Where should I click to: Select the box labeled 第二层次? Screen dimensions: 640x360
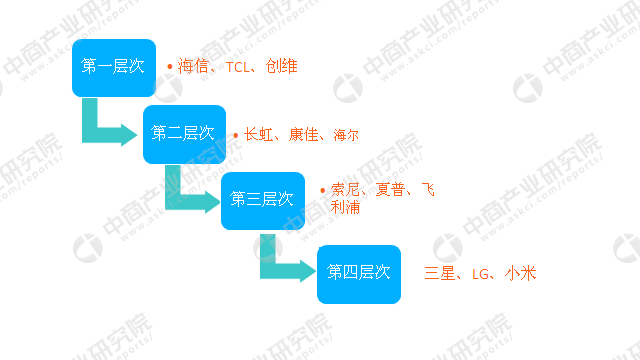[x=184, y=133]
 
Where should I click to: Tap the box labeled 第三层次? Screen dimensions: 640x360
[x=262, y=199]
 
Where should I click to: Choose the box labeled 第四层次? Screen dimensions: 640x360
[x=358, y=272]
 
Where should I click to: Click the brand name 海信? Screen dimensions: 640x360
[x=193, y=67]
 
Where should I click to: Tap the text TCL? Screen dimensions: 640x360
[x=238, y=67]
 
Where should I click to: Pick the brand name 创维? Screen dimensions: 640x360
[x=282, y=67]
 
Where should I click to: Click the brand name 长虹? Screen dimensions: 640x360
[x=259, y=134]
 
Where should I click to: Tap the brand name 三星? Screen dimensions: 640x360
[x=441, y=272]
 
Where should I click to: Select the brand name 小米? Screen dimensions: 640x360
[x=521, y=272]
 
